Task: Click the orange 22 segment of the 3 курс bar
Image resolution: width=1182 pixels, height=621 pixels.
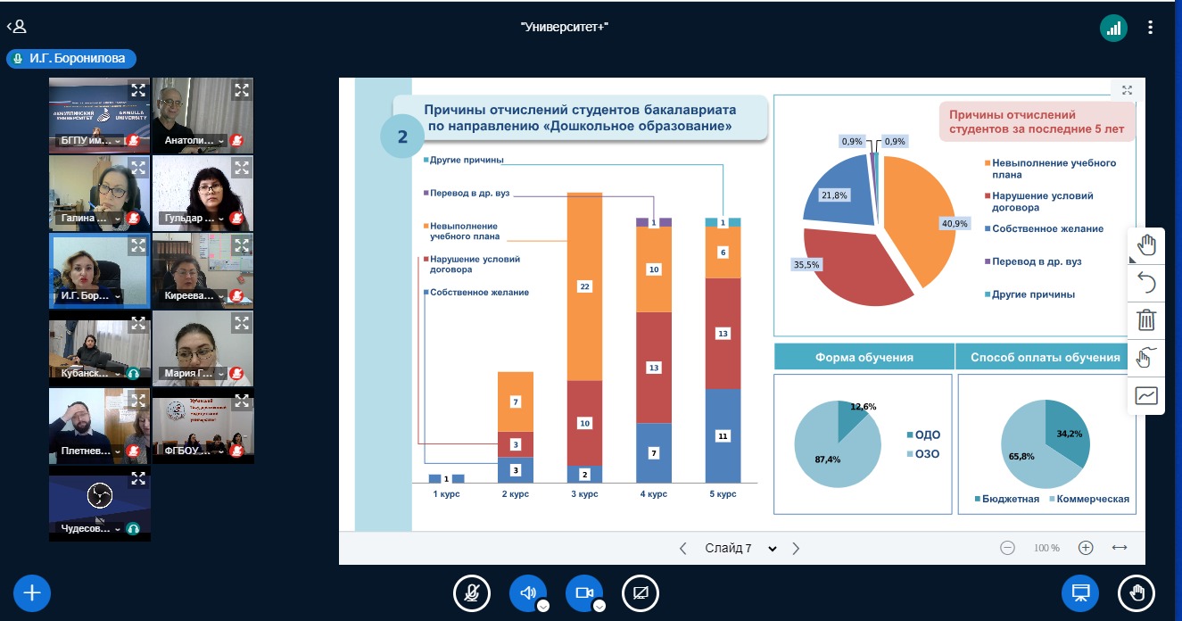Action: [x=584, y=286]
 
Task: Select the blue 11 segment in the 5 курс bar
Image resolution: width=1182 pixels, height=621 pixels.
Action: [x=723, y=436]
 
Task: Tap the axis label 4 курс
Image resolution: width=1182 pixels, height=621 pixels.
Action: [x=653, y=493]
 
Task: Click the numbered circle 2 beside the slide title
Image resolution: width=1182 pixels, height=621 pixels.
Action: [x=402, y=137]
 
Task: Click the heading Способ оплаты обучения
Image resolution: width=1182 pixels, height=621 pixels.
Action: [x=1044, y=357]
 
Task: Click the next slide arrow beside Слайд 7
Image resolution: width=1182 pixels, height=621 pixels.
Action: [x=796, y=548]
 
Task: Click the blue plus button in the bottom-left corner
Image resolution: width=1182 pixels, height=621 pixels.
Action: [x=32, y=592]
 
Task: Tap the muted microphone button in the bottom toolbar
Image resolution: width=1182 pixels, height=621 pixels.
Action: [x=472, y=592]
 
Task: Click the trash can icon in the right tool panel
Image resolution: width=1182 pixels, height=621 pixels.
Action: [x=1146, y=319]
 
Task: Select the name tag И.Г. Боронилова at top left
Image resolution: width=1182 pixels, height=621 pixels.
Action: [x=71, y=59]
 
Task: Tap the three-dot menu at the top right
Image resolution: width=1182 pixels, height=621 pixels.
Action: [x=1151, y=28]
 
